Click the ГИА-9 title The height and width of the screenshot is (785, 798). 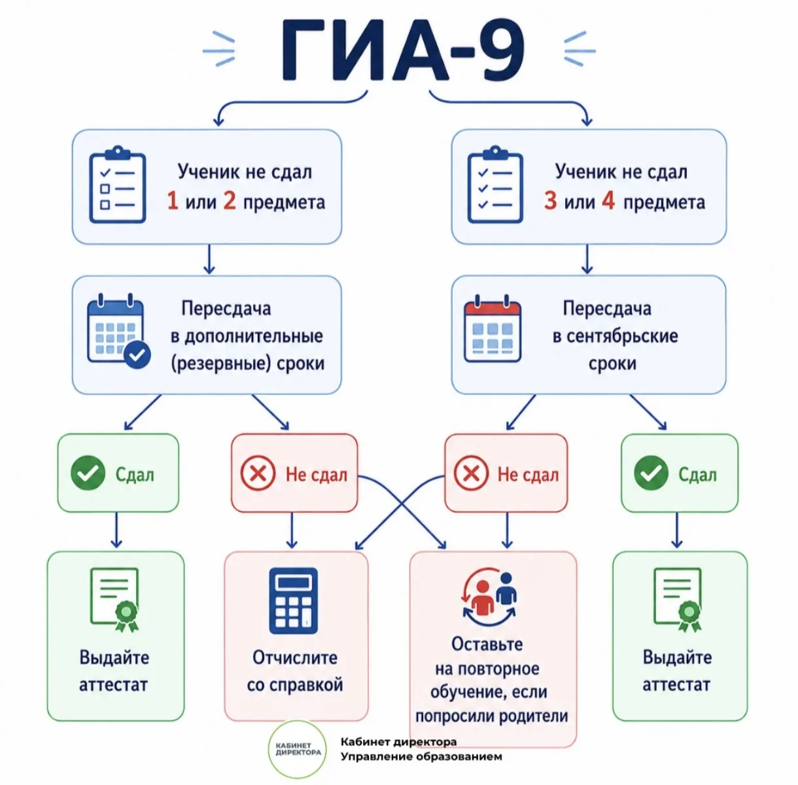click(x=404, y=50)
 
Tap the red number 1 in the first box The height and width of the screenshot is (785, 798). click(x=173, y=201)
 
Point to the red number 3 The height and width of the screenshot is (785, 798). click(x=550, y=201)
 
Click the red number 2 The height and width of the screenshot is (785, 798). click(x=230, y=201)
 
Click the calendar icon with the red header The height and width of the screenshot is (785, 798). click(x=493, y=328)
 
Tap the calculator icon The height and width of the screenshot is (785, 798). click(x=293, y=601)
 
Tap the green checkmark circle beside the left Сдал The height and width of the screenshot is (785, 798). click(x=88, y=473)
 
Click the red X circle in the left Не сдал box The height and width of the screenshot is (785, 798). click(x=258, y=473)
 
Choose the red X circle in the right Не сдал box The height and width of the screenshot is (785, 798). click(x=471, y=473)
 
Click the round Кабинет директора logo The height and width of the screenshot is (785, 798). click(x=298, y=750)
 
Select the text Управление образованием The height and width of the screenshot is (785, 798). click(x=421, y=757)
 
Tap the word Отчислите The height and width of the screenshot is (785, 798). click(x=295, y=658)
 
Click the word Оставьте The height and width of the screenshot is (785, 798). click(x=487, y=644)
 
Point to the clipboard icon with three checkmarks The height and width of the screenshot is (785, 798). click(x=495, y=184)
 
